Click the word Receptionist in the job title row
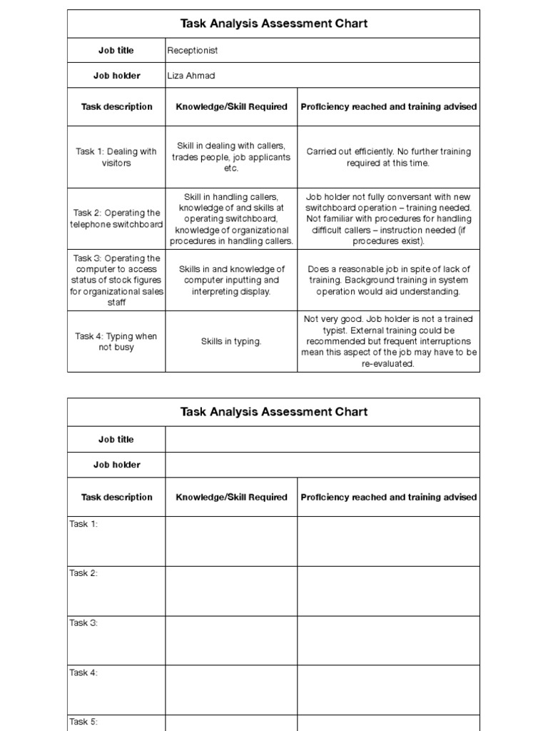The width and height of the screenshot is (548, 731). pos(192,51)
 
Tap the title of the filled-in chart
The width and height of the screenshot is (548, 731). pos(274,24)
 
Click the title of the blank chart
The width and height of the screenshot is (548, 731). pos(274,412)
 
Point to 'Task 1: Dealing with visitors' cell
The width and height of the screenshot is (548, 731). pos(116,157)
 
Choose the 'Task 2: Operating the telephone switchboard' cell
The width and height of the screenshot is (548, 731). pos(116,218)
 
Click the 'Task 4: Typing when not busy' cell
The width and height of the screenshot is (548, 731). pos(116,341)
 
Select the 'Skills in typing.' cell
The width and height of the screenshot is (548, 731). pos(231,342)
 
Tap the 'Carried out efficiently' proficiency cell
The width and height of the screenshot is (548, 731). pos(389,157)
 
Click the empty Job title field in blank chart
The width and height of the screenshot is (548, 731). pos(323,440)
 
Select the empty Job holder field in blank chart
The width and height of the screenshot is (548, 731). pos(323,465)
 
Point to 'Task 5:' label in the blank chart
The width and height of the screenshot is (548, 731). pos(83,722)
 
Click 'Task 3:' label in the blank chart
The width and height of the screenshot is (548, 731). pos(83,623)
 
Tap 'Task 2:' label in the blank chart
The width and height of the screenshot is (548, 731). pos(83,573)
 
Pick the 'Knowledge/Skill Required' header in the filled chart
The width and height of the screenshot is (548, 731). pos(231,107)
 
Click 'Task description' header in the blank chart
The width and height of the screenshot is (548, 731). pos(116,498)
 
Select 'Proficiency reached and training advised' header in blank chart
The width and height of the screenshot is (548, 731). pos(389,498)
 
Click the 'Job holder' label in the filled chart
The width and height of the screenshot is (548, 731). pos(116,76)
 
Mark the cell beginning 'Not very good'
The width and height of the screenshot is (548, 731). pos(389,341)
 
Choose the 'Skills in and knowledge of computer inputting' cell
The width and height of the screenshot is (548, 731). pos(231,281)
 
